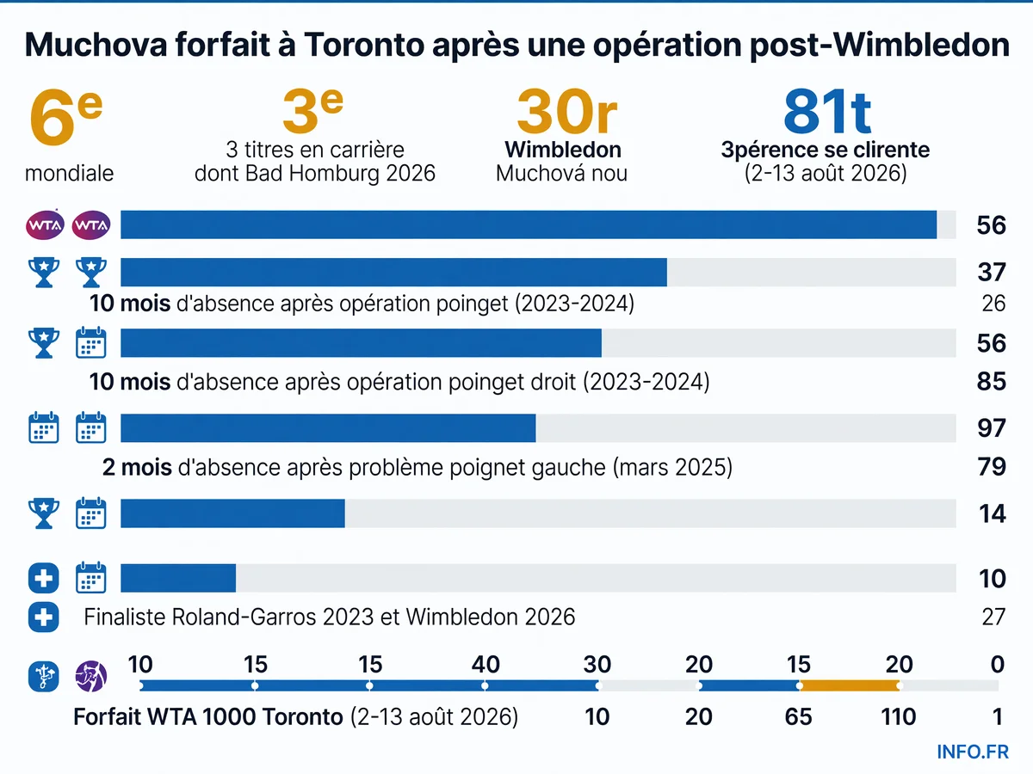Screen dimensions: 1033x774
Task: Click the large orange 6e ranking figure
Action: point(65,117)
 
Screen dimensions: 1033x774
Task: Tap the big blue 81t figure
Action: point(827,112)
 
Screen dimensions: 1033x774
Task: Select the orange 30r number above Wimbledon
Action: point(566,112)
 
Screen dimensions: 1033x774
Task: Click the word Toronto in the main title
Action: point(364,45)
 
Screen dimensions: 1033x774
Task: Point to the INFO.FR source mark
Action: point(973,752)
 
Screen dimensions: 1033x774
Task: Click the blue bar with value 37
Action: point(393,272)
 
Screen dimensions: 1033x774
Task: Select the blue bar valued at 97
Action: point(328,428)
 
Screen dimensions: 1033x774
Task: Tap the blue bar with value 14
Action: point(232,513)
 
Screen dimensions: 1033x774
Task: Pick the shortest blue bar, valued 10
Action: point(178,578)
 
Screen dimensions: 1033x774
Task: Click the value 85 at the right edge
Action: point(992,382)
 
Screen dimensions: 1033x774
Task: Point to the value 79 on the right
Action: point(992,467)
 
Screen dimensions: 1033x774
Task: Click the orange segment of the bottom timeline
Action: point(850,686)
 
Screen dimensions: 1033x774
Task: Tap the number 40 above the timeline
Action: point(486,665)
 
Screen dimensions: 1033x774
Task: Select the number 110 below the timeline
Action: point(898,717)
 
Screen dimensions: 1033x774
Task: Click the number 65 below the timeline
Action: point(798,717)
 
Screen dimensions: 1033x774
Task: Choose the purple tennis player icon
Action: point(91,676)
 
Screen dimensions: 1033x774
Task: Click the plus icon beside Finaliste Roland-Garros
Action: point(44,617)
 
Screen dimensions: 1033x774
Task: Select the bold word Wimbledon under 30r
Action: point(563,150)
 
